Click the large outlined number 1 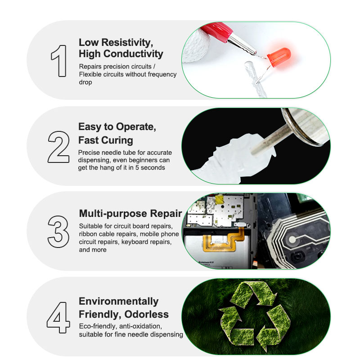coord(60,61)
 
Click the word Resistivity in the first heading coord(127,42)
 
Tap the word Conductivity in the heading coord(133,54)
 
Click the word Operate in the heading coord(136,127)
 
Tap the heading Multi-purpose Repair coord(130,213)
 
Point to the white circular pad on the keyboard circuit coord(292,239)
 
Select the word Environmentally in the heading coord(118,301)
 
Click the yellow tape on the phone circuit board coord(219,199)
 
